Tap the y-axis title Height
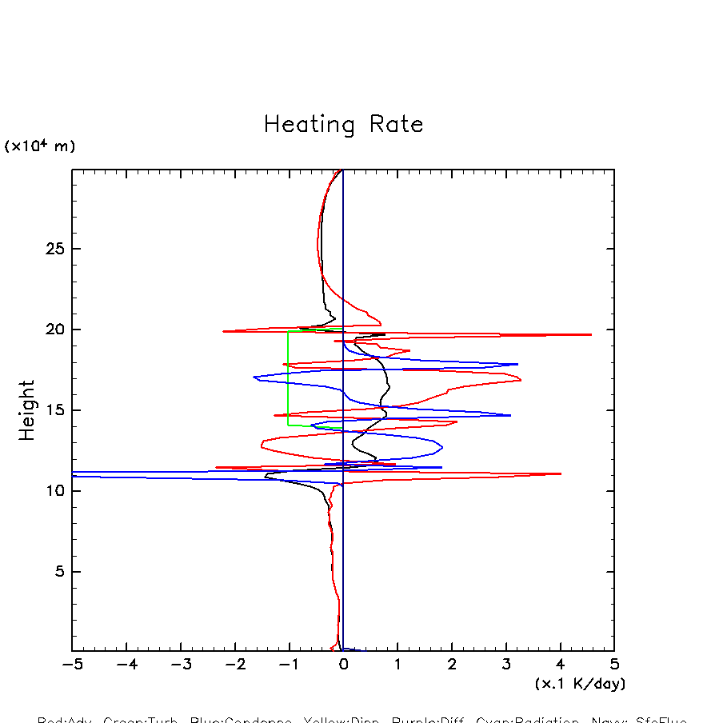tap(27, 409)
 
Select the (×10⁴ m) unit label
tap(40, 146)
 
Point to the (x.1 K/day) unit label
tap(580, 684)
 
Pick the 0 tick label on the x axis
tap(343, 665)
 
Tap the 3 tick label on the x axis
tap(506, 665)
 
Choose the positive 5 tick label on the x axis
tap(614, 665)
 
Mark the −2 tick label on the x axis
tap(234, 665)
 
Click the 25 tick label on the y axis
tap(54, 249)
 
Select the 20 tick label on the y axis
tap(54, 330)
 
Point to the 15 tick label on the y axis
tap(54, 410)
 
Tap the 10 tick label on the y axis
tap(54, 491)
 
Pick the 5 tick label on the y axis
tap(58, 572)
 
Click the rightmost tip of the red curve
tap(591, 334)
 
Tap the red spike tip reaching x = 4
tap(561, 473)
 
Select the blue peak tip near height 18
tap(517, 365)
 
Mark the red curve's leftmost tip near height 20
tap(223, 331)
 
